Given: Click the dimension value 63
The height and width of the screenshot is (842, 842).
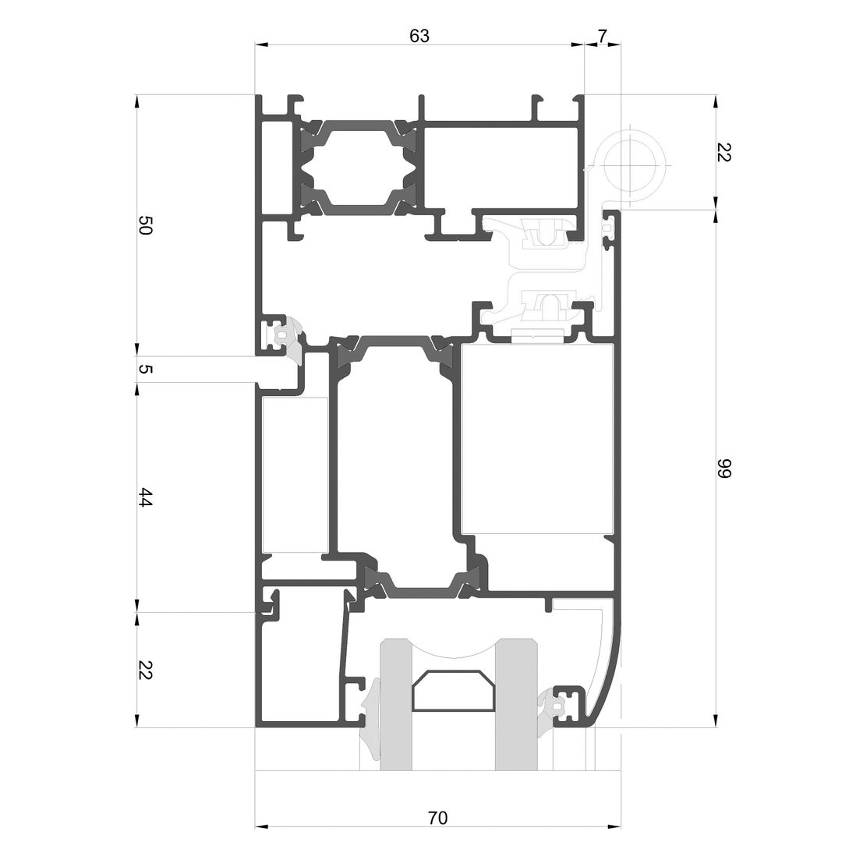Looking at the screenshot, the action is pos(419,36).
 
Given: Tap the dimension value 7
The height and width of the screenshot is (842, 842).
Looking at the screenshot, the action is pos(602,36).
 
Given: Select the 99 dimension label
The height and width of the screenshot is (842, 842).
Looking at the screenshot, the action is pos(723,468).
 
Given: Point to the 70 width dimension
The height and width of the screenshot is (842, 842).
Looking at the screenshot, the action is pos(437,818).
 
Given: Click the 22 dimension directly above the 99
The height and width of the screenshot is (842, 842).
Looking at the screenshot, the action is pos(723,152).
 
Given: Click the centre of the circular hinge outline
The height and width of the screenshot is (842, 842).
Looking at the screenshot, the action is pos(629,165).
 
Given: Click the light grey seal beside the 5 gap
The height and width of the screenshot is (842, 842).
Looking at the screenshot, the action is pos(293,341).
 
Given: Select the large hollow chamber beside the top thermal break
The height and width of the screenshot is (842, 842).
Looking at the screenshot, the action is pos(501,168).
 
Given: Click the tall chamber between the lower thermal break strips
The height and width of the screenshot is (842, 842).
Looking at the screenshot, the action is pos(395,462).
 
